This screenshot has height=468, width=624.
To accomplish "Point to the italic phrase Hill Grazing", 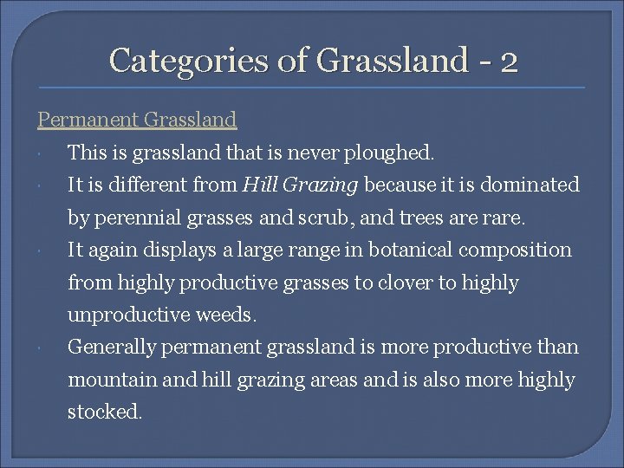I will tap(301, 185).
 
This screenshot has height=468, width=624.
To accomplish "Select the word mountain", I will tap(108, 380).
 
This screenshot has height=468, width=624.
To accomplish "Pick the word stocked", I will tap(103, 413).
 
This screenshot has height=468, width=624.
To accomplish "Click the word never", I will tap(322, 153).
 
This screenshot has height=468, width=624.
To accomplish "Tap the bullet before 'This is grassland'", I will tap(42, 153).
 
